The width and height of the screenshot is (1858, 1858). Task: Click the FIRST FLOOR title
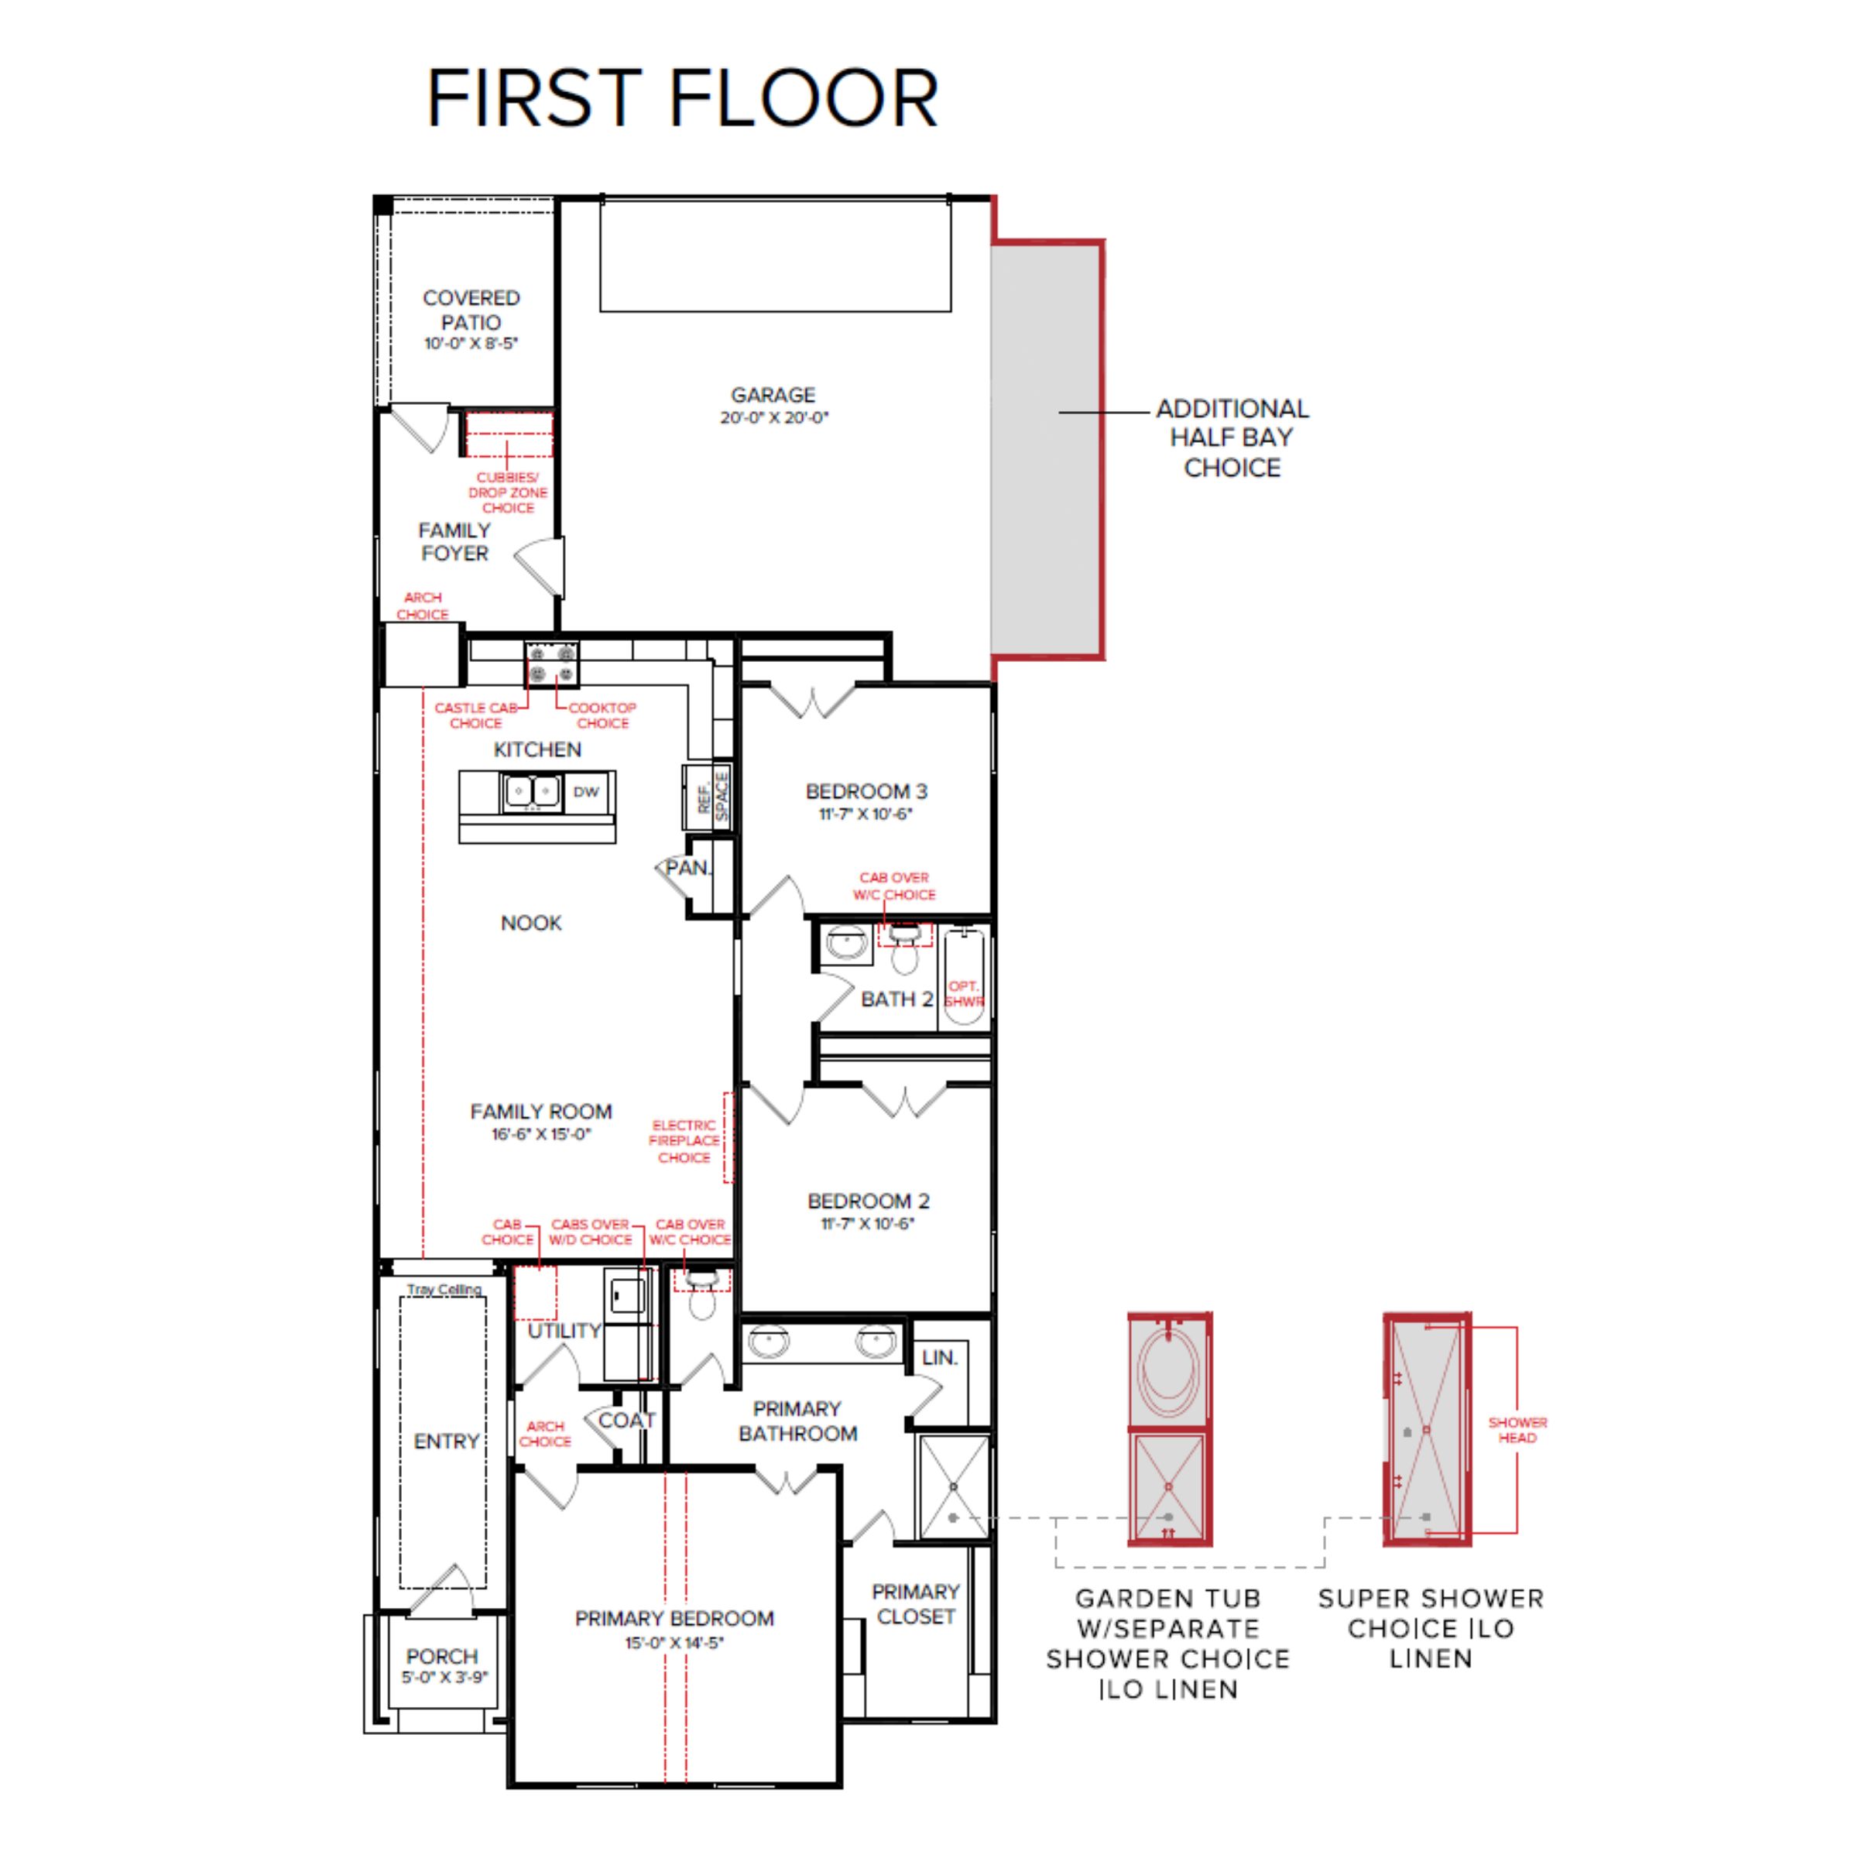coord(682,98)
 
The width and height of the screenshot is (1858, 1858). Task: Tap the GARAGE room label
coord(773,396)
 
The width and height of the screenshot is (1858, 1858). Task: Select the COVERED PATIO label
coord(471,310)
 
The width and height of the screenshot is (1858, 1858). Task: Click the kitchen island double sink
coord(531,791)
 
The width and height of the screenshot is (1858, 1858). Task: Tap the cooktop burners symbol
coord(552,663)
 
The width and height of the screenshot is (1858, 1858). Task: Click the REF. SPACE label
coord(711,797)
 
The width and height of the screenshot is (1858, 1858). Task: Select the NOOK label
coord(531,924)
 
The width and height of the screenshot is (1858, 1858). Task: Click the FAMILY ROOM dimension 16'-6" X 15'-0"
coord(541,1134)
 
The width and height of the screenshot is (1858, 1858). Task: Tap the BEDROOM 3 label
coord(866,791)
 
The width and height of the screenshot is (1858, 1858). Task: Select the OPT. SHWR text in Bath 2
coord(964,993)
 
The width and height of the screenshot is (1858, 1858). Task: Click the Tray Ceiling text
coord(444,1290)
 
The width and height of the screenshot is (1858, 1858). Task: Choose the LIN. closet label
coord(940,1358)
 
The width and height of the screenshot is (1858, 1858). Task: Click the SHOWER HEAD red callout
coord(1517,1429)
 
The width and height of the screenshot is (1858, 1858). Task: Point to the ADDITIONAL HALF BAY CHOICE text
coord(1232,437)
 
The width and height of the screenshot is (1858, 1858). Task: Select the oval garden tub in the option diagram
coord(1168,1375)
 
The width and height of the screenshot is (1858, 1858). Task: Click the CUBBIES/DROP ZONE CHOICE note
coord(508,492)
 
